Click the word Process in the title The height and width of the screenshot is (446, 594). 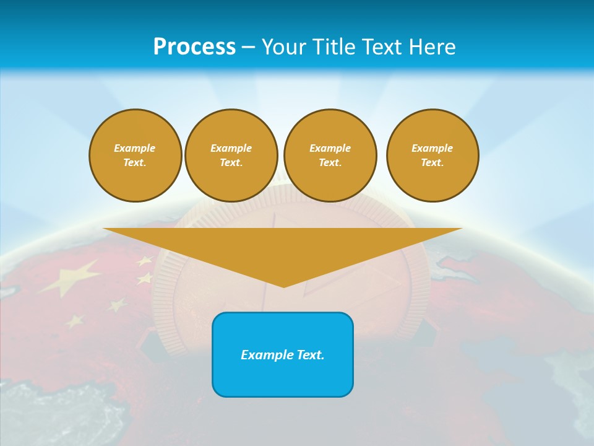[194, 46]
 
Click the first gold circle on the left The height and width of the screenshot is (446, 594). [136, 155]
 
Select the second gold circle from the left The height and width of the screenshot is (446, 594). [231, 155]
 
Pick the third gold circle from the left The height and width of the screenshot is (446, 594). [330, 155]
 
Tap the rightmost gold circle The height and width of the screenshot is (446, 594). [433, 155]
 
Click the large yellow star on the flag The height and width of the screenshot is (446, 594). [73, 276]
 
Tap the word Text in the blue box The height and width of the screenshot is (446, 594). [309, 355]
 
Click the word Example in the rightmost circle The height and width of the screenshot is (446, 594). [433, 148]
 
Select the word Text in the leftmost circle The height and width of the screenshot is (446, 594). [134, 163]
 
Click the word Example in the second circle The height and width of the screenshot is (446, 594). [231, 148]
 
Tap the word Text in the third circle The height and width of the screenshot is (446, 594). [329, 163]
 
